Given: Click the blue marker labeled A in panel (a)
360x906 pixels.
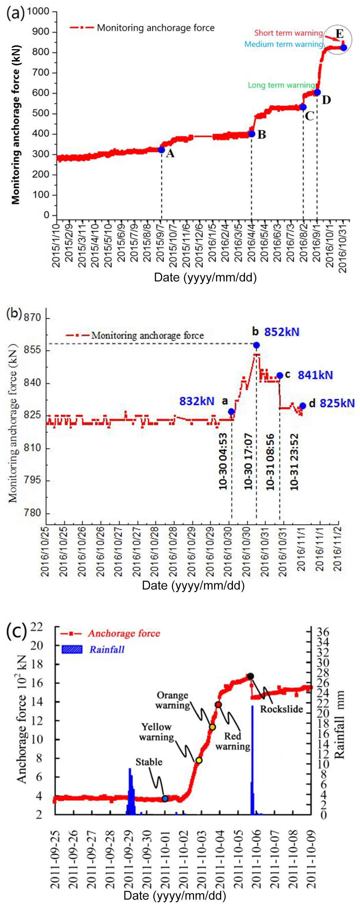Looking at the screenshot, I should (161, 149).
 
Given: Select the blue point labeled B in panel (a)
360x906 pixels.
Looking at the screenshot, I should (251, 134).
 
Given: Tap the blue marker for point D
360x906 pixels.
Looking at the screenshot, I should (317, 92).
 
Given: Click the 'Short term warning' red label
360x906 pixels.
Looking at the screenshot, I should (288, 33).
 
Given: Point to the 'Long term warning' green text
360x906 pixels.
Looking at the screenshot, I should (281, 85).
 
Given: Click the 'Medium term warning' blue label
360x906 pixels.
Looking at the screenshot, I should (283, 44).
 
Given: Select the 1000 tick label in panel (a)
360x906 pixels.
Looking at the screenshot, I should (38, 11).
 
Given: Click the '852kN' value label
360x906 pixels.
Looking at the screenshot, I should (281, 332).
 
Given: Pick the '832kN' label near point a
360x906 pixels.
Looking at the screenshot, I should (197, 401).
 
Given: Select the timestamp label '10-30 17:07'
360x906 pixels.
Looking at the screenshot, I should (249, 461).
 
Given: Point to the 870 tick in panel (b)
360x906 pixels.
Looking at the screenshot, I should (32, 317).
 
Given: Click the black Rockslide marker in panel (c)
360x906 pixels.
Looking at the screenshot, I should (250, 676).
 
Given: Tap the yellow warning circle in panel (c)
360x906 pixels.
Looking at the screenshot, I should (199, 760).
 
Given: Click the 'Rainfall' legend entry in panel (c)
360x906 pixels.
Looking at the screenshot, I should (106, 649).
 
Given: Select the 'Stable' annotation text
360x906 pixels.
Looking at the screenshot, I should (149, 762).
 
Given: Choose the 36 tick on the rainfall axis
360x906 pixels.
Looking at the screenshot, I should (323, 632).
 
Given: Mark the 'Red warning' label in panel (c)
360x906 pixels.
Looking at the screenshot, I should (233, 741).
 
